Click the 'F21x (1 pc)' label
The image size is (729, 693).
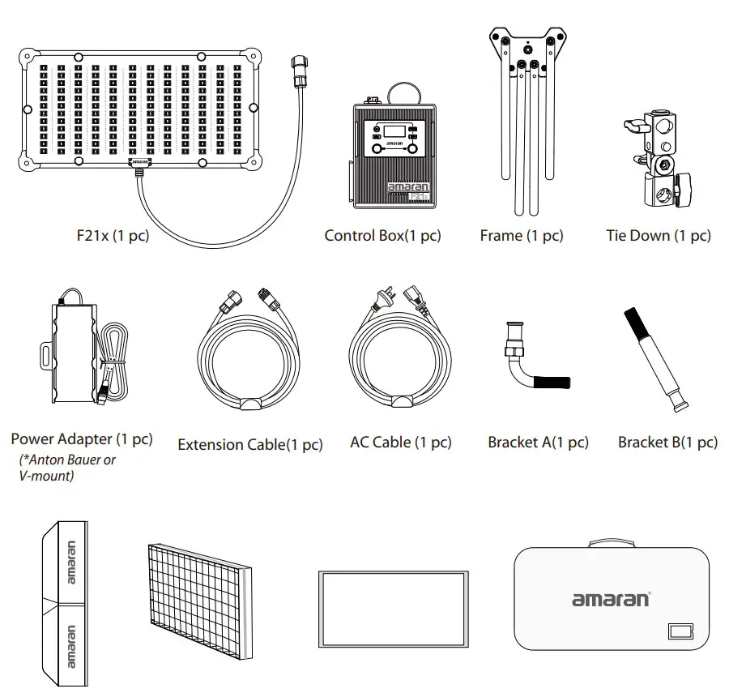112,237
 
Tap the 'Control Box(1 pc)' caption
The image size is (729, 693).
382,236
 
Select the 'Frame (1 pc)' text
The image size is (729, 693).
521,236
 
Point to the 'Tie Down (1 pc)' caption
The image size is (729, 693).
658,236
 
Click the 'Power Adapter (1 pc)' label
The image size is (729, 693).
81,439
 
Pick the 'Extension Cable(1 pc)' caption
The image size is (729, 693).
249,444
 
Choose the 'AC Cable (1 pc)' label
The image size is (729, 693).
401,443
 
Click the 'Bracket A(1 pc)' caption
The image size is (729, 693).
538,443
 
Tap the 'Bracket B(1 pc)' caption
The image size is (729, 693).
667,443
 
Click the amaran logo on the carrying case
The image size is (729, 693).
611,600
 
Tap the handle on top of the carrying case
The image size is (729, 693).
612,542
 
